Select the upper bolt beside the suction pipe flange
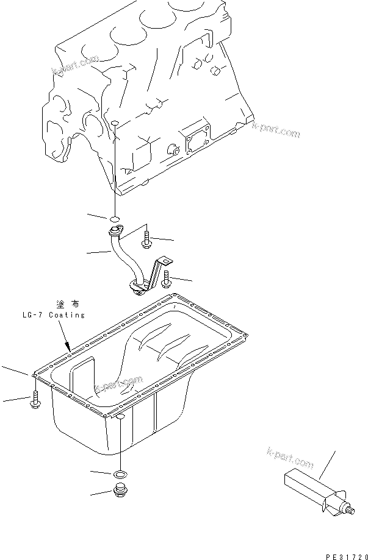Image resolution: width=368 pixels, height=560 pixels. click(146, 241)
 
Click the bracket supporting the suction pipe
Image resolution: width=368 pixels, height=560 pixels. click(161, 268)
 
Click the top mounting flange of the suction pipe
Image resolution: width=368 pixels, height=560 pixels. click(115, 231)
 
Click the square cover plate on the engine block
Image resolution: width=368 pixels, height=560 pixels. click(198, 138)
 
